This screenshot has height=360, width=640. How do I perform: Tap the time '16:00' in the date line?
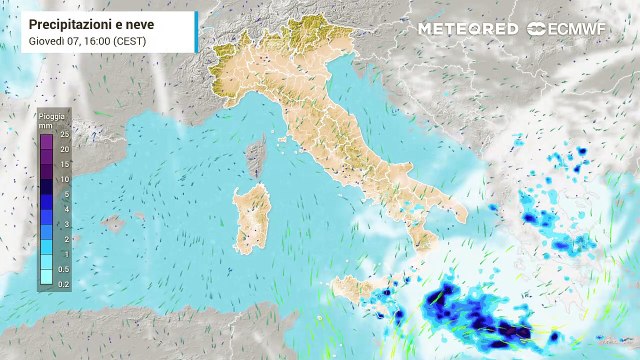coord(101,41)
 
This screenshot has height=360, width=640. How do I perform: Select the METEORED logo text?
coord(467,29)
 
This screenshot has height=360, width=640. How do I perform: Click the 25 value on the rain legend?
coord(64,134)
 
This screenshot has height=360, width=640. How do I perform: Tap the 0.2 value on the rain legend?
coord(64,284)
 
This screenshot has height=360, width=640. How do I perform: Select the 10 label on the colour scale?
coord(64,179)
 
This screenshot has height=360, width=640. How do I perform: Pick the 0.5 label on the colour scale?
coord(64,269)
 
